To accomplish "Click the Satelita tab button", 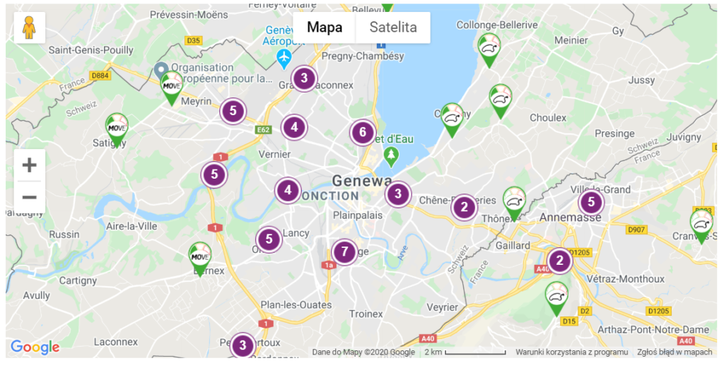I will [x=393, y=28].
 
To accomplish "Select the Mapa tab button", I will [x=325, y=28].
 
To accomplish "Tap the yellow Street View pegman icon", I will [x=29, y=28].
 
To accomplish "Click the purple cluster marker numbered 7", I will [x=344, y=251].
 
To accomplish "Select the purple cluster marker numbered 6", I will [x=363, y=132].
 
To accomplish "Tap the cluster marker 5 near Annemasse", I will [x=591, y=203].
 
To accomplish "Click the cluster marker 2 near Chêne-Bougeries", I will [x=464, y=208].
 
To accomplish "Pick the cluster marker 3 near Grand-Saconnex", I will [x=304, y=78].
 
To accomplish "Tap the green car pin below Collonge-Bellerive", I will [x=489, y=49].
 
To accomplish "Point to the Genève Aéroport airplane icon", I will [x=284, y=55].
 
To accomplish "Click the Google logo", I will [x=35, y=347].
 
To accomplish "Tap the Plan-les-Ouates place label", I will [x=296, y=305].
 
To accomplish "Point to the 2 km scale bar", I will [x=474, y=352].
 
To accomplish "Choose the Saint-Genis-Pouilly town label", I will [x=90, y=50].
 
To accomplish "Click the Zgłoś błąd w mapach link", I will [x=675, y=352].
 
